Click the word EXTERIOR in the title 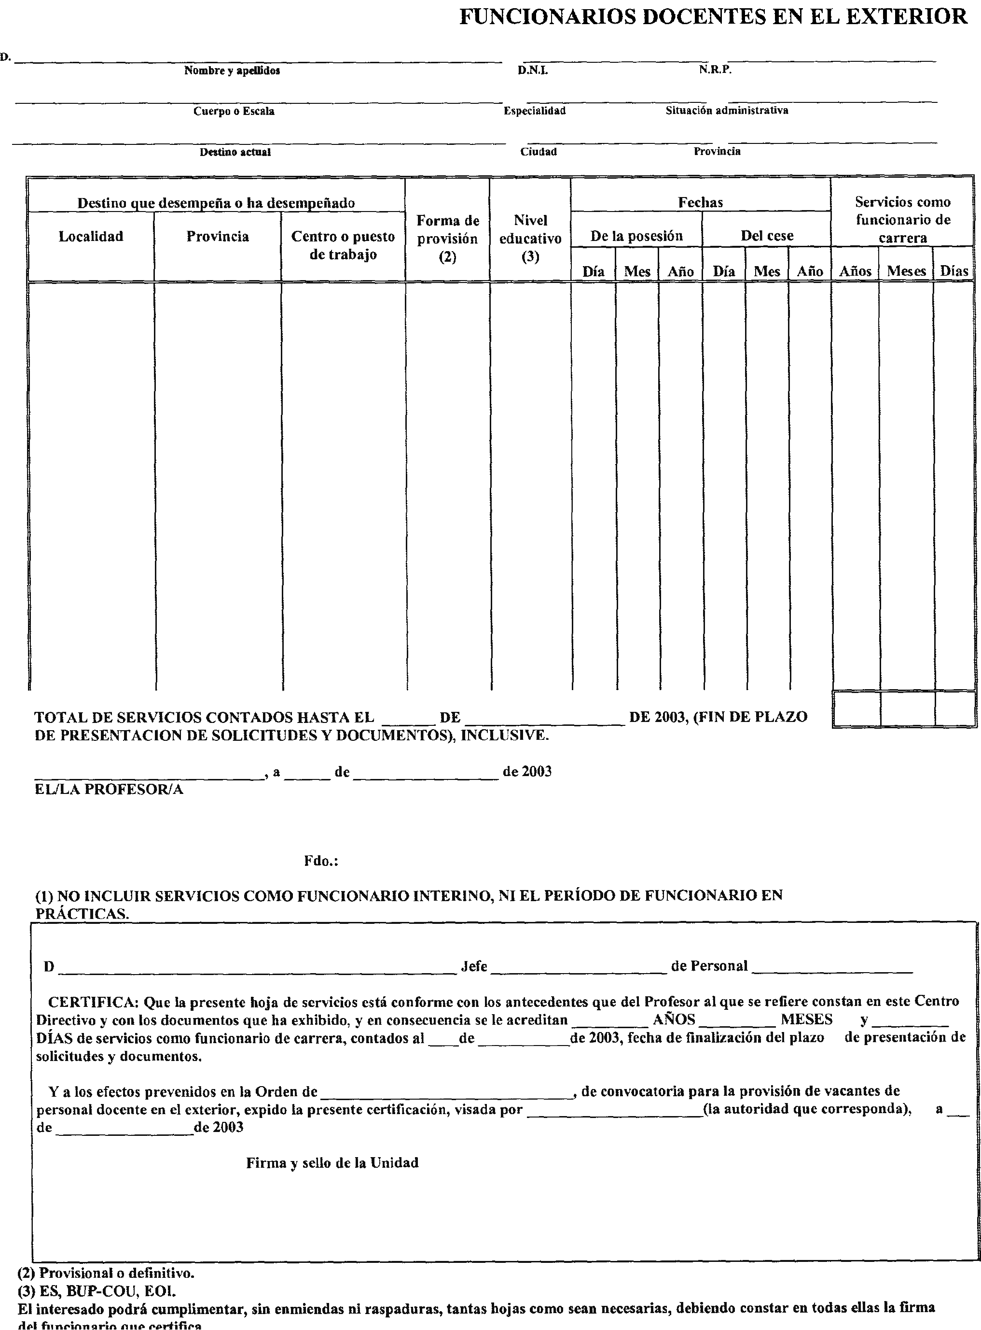(x=906, y=16)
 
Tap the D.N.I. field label (x=533, y=71)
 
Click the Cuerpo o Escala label (x=234, y=111)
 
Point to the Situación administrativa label (x=727, y=111)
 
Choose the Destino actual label (x=235, y=152)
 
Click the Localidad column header (x=91, y=237)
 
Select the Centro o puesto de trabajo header (x=343, y=245)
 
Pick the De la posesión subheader (x=636, y=236)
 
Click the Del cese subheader (x=767, y=236)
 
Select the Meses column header (x=906, y=271)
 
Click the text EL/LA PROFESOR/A (x=109, y=789)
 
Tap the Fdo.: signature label (x=321, y=861)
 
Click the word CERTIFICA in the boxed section (x=93, y=1001)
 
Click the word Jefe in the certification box (x=474, y=966)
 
